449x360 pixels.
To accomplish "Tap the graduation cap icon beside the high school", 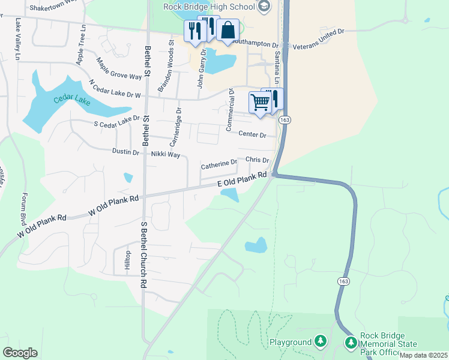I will (263, 7).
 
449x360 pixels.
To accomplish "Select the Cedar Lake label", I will (71, 100).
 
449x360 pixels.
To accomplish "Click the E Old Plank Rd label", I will (242, 179).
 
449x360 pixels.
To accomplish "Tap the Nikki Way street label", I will (166, 154).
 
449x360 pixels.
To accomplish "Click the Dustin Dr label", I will (125, 152).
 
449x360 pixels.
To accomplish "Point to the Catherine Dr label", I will (218, 164).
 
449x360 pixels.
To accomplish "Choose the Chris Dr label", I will (257, 160).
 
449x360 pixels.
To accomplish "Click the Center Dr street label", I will (252, 134).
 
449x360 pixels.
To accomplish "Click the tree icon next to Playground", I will (321, 342).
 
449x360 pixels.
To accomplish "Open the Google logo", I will (20, 353).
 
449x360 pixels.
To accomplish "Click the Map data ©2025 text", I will (423, 355).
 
